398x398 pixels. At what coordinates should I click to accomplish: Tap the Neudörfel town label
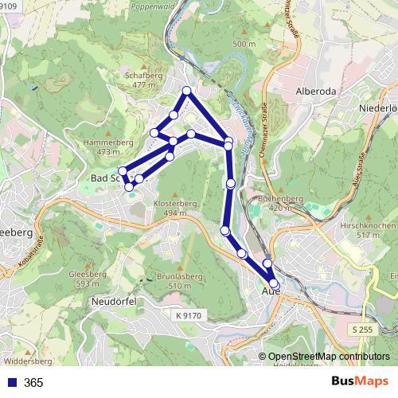click(x=116, y=302)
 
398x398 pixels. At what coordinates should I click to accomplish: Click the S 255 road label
click(x=361, y=328)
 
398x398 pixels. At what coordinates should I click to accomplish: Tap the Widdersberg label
click(x=33, y=349)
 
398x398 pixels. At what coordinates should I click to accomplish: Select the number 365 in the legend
click(x=33, y=383)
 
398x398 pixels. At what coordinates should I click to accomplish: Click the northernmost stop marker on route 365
click(x=187, y=91)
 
